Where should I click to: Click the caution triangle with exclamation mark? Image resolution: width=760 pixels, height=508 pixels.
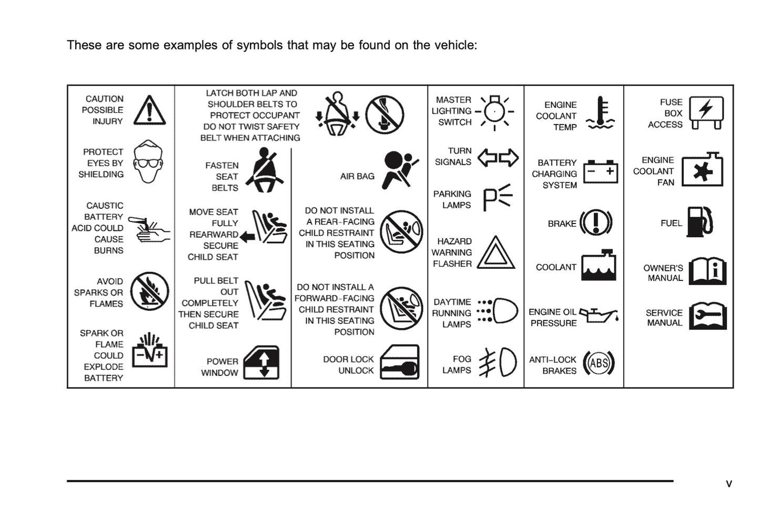149,110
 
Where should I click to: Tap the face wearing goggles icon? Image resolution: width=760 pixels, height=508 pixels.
148,162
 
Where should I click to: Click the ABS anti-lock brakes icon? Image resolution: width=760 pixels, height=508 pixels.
599,363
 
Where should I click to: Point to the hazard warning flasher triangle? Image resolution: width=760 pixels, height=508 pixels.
495,253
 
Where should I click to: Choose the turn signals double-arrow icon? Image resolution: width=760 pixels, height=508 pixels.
498,157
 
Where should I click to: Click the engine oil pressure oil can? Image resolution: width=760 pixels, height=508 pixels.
599,316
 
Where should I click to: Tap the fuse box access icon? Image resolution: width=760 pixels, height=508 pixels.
706,112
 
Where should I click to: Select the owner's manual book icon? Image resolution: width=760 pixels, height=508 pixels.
707,271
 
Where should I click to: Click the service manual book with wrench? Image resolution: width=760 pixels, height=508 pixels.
707,316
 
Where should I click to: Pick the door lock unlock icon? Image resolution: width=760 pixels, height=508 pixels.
400,363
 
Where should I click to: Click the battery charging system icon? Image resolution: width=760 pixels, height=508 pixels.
600,172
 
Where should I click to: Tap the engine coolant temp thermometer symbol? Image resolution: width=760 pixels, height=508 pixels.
600,113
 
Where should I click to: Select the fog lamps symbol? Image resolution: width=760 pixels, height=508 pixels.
498,363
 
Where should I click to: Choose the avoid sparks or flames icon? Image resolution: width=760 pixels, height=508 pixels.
149,291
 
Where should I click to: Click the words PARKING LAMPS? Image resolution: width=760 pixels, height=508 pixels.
452,199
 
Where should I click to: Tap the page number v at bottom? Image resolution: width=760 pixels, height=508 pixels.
728,484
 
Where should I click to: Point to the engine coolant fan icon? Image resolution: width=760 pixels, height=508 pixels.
703,170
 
